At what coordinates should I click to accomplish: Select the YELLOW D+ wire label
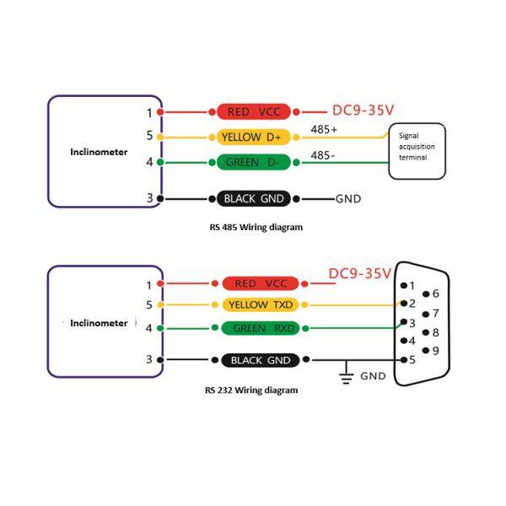point(254,137)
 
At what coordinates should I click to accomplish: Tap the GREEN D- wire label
point(254,161)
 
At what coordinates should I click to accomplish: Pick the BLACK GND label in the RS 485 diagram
point(254,199)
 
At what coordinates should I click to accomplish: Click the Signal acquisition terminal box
point(417,152)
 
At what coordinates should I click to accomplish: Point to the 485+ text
point(324,130)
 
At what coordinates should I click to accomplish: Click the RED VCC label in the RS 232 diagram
point(262,284)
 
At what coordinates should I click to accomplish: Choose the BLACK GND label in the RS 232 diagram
point(262,360)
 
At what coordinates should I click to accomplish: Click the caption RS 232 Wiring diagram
point(250,390)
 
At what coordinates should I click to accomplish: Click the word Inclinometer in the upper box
point(99,153)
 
